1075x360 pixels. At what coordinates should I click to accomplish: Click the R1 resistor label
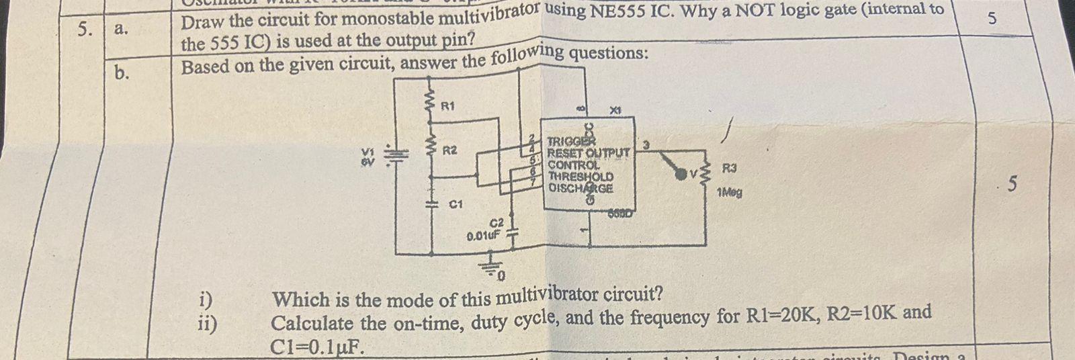tap(447, 106)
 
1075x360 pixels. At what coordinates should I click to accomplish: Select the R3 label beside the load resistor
tap(730, 167)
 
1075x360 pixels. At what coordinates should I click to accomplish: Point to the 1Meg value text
tap(729, 193)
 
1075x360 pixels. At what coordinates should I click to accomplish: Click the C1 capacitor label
tap(456, 204)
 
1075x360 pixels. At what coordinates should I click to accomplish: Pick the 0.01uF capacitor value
tap(484, 235)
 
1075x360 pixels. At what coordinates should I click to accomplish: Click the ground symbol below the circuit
tap(495, 267)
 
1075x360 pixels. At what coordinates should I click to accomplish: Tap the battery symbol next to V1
tap(397, 156)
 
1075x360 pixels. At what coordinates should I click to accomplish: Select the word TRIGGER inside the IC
tap(571, 141)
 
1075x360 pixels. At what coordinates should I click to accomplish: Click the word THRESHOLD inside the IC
tap(580, 177)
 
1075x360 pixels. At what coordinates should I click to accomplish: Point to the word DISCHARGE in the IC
tap(580, 188)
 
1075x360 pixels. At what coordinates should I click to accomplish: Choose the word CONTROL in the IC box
tap(573, 165)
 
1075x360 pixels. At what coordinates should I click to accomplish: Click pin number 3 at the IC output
tap(646, 144)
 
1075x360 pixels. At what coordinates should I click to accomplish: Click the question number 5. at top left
tap(84, 29)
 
